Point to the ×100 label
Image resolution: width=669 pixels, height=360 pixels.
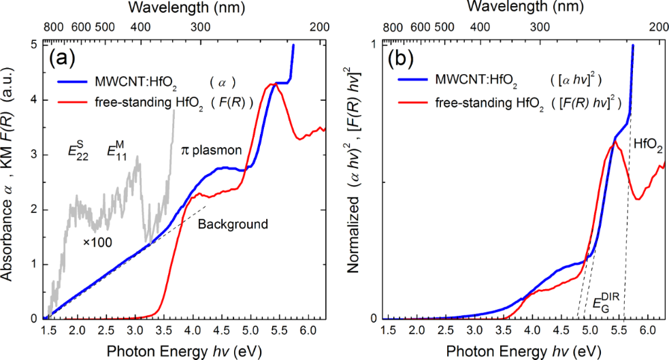pyautogui.click(x=97, y=241)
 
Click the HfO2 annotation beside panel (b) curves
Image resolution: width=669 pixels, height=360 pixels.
pyautogui.click(x=649, y=145)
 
